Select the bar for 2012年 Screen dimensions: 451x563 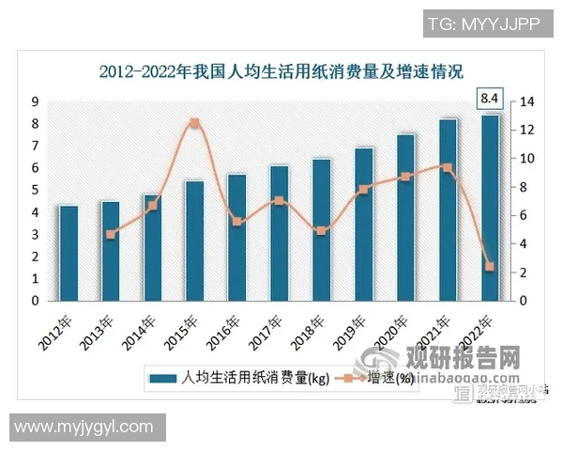pos(68,253)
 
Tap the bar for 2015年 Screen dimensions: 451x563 pos(194,241)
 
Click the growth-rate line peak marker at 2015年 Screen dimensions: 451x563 pos(194,123)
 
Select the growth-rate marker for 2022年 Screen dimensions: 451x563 pos(490,267)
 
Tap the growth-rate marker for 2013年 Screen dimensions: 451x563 pos(111,235)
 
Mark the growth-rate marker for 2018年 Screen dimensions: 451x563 pos(321,230)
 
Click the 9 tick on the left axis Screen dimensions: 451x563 pos(35,101)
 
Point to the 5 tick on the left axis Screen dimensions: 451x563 pos(35,191)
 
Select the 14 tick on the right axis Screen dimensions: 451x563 pos(527,101)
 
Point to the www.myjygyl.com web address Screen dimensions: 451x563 pos(84,427)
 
